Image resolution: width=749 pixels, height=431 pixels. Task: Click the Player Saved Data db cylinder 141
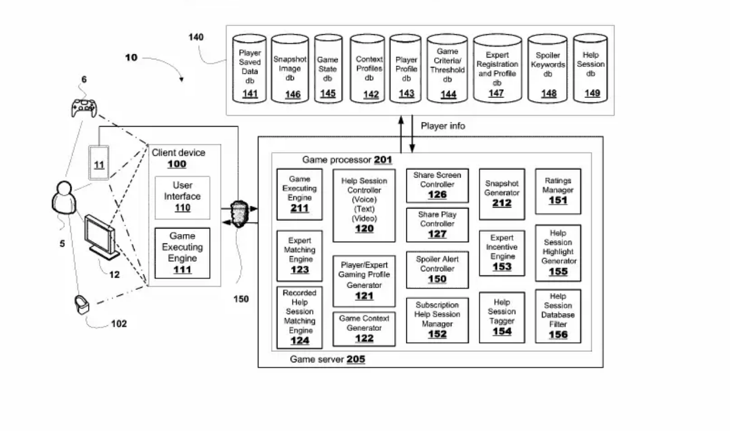[x=250, y=69]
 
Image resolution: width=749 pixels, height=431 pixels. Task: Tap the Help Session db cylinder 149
[x=591, y=69]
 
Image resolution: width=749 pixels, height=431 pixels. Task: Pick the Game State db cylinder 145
[x=328, y=69]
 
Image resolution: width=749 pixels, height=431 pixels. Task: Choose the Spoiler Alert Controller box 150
[x=437, y=270]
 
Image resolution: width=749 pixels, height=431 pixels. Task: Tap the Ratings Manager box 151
[x=558, y=191]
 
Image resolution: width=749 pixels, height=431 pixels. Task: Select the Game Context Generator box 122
[x=364, y=328]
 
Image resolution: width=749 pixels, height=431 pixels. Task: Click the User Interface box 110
[x=182, y=198]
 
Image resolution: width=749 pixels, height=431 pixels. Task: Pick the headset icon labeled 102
[x=82, y=305]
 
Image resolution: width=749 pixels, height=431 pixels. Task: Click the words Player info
[x=443, y=126]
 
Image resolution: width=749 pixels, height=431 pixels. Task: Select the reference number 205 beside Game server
[x=356, y=360]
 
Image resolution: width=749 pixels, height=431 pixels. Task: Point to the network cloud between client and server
[x=238, y=215]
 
